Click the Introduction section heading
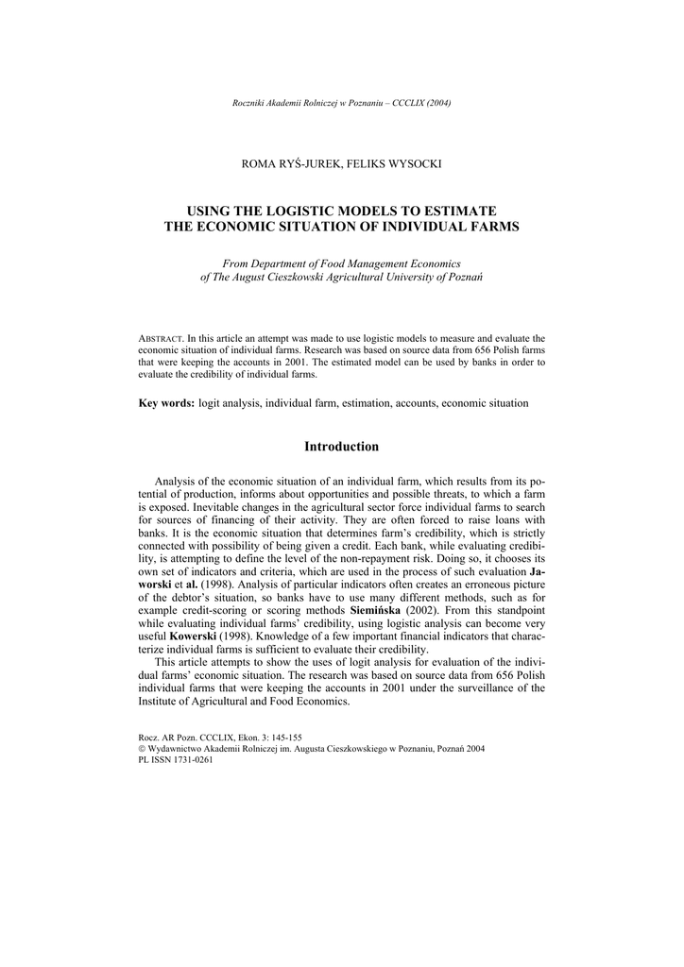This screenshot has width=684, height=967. (341, 447)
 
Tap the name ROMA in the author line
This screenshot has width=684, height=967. (261, 163)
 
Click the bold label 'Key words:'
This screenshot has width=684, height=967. (166, 403)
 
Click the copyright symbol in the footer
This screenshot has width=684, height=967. (142, 748)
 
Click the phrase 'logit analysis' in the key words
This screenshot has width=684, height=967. (230, 403)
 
